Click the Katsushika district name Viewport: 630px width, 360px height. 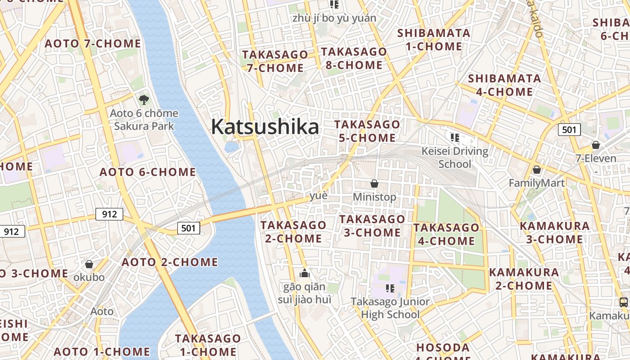[x=265, y=126]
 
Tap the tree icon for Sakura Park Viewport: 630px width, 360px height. [x=144, y=99]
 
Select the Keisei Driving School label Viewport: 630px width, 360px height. [x=454, y=157]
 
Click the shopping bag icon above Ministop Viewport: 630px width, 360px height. [x=374, y=184]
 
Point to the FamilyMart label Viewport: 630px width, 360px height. [x=536, y=183]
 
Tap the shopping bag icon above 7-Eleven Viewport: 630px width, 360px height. [x=595, y=145]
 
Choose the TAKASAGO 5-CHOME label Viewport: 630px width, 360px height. [x=367, y=131]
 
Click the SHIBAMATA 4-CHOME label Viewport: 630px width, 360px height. [x=504, y=85]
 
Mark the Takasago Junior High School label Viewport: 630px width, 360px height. [x=390, y=308]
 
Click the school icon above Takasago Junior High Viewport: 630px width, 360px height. [x=390, y=288]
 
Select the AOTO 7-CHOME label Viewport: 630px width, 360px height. [x=93, y=44]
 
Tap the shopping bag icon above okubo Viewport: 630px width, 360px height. [x=89, y=264]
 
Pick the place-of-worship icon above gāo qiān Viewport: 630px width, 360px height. [x=305, y=273]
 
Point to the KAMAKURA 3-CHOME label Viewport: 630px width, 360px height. [x=554, y=232]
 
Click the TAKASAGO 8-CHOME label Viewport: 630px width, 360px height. [x=354, y=58]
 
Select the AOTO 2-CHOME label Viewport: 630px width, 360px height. [x=170, y=262]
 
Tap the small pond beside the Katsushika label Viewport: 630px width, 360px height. [x=232, y=147]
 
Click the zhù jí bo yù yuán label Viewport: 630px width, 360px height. [x=334, y=18]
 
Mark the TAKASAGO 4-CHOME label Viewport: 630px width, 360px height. [x=446, y=234]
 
